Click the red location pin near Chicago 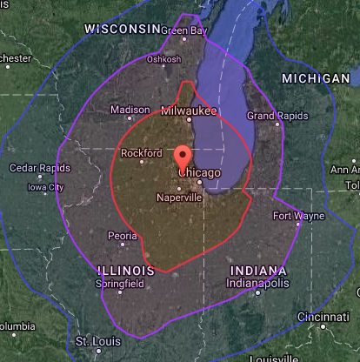[183, 158]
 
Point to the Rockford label [143, 153]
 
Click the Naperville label [179, 198]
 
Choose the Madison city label [130, 111]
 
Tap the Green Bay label [184, 31]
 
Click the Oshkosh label [164, 59]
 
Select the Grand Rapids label [273, 116]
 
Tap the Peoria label [122, 236]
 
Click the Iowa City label [45, 187]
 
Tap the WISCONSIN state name [123, 29]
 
